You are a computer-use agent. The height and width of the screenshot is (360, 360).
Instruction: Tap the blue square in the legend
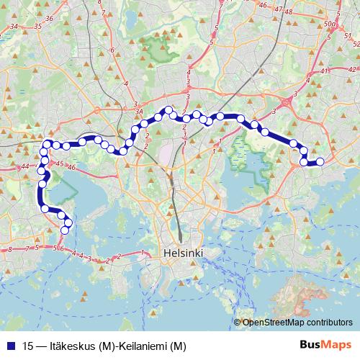coord(11,346)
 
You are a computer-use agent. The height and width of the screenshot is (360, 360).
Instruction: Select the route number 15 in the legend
coord(29,346)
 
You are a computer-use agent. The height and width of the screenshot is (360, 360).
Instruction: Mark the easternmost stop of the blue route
coord(320,161)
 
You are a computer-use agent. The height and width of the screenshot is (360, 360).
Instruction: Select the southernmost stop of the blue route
coord(66,230)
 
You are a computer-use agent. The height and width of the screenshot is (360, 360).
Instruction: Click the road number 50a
coord(330,24)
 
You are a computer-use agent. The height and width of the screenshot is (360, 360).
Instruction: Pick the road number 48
coord(289,12)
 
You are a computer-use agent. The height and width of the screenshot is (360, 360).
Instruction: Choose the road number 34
coord(13,27)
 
